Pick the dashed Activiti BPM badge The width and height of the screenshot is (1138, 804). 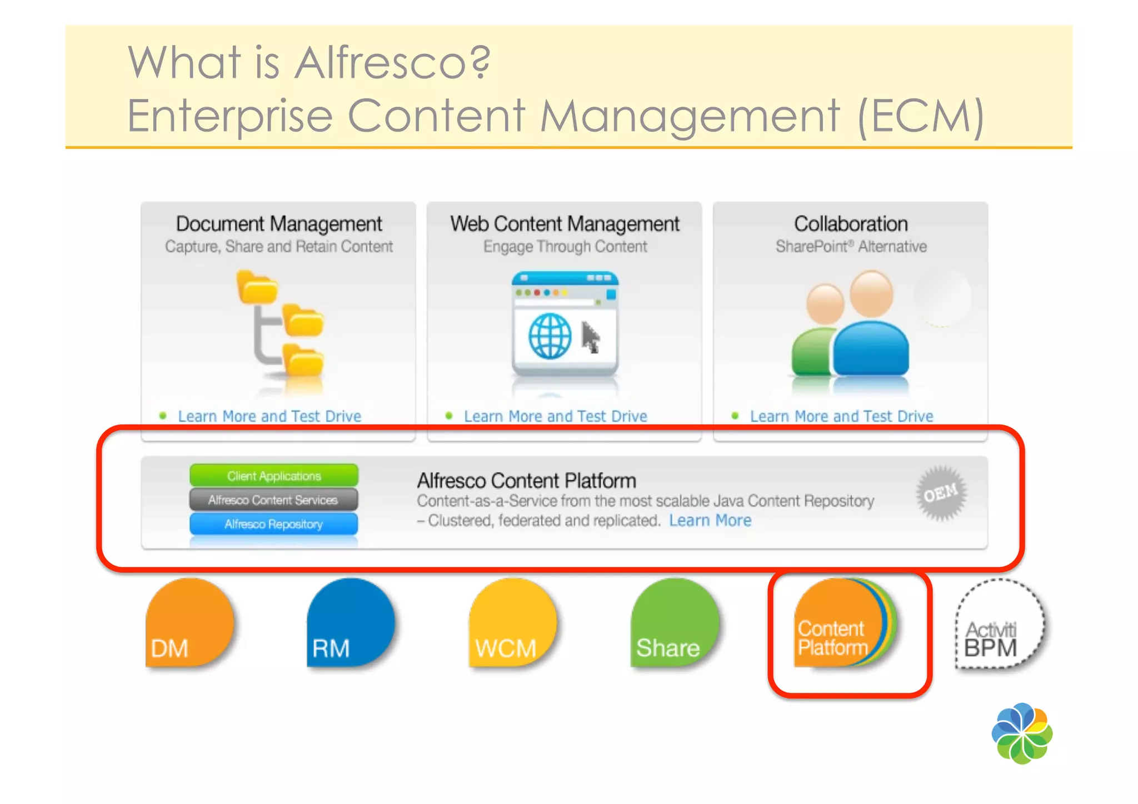tap(999, 625)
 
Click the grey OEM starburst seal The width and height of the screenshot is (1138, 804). tap(941, 493)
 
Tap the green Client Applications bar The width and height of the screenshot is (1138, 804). tap(274, 476)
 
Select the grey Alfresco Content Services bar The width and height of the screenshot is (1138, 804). tap(273, 500)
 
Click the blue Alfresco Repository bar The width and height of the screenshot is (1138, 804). tap(273, 524)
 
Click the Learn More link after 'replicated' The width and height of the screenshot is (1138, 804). tap(710, 521)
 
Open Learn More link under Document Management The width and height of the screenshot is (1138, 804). tap(269, 416)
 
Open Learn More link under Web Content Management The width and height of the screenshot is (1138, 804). tap(555, 416)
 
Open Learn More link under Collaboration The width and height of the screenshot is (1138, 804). tap(841, 416)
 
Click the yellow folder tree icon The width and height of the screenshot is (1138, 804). tap(281, 325)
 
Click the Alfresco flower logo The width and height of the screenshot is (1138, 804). tap(1021, 733)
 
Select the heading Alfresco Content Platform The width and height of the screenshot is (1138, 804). tap(526, 481)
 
